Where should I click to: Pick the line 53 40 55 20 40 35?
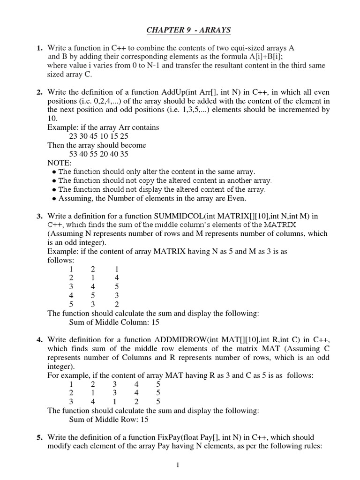point(98,154)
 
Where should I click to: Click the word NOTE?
point(60,163)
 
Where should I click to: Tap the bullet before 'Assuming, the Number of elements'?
point(54,199)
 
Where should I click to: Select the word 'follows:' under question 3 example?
point(60,260)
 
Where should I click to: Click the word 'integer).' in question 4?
point(61,366)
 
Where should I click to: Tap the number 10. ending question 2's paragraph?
point(52,119)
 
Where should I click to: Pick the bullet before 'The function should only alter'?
point(54,172)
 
